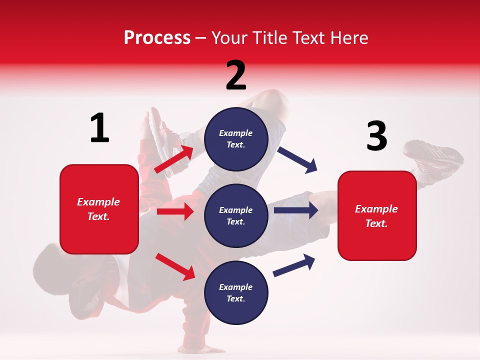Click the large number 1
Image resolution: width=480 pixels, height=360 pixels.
tap(99, 128)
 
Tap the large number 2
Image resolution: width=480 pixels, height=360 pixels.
tap(236, 75)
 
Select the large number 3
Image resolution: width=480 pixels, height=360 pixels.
tap(376, 136)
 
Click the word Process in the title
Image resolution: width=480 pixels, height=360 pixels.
tap(157, 37)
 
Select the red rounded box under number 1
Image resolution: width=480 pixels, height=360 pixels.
tap(99, 209)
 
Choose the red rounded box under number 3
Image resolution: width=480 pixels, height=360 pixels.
tap(377, 216)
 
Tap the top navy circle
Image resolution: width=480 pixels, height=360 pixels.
tap(236, 138)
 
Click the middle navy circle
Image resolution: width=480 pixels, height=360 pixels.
tap(236, 215)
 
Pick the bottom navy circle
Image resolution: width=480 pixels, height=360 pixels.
tap(236, 292)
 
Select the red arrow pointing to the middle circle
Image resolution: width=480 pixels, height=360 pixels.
tap(175, 211)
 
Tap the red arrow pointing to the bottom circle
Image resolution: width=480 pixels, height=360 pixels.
tap(175, 266)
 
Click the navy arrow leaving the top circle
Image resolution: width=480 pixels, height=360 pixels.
tap(297, 160)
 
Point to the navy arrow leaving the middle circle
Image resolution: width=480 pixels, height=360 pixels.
tap(295, 210)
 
